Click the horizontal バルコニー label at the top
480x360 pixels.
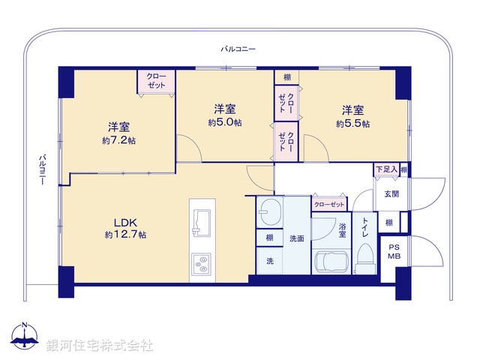pos(238,49)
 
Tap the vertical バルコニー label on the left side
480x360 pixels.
pos(43,170)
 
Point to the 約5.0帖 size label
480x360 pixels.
pos(224,122)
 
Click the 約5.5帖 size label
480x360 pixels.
pos(352,124)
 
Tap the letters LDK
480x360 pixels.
pos(124,222)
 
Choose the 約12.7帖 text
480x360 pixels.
pos(125,235)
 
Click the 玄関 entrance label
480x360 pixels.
pos(391,194)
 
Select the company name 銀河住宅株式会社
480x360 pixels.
pos(100,344)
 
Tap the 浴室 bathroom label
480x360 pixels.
pos(342,230)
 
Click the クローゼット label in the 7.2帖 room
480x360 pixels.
pos(156,80)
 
